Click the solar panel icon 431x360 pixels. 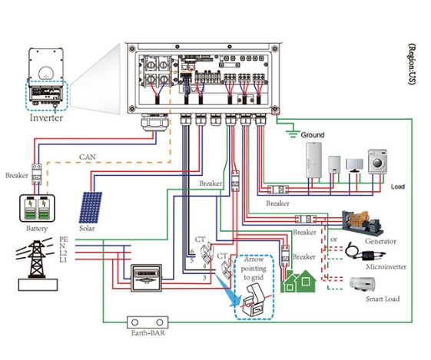(x=91, y=207)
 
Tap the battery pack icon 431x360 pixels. (x=37, y=209)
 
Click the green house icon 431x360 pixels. (x=298, y=281)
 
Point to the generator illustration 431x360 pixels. (x=363, y=223)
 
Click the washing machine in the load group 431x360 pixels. (x=378, y=162)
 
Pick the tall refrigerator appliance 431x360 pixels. (x=313, y=160)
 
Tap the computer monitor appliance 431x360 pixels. (x=355, y=166)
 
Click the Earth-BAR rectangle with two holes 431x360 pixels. (x=148, y=322)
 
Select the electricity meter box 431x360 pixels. (x=146, y=278)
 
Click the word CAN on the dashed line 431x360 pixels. (x=88, y=157)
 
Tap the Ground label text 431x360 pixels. (x=313, y=135)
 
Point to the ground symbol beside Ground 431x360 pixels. (x=293, y=134)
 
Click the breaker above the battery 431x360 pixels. (x=37, y=174)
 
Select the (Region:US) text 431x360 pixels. (x=412, y=64)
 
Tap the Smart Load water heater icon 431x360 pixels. (x=363, y=284)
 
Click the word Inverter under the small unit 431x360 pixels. (x=46, y=117)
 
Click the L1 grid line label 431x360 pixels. (x=63, y=259)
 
